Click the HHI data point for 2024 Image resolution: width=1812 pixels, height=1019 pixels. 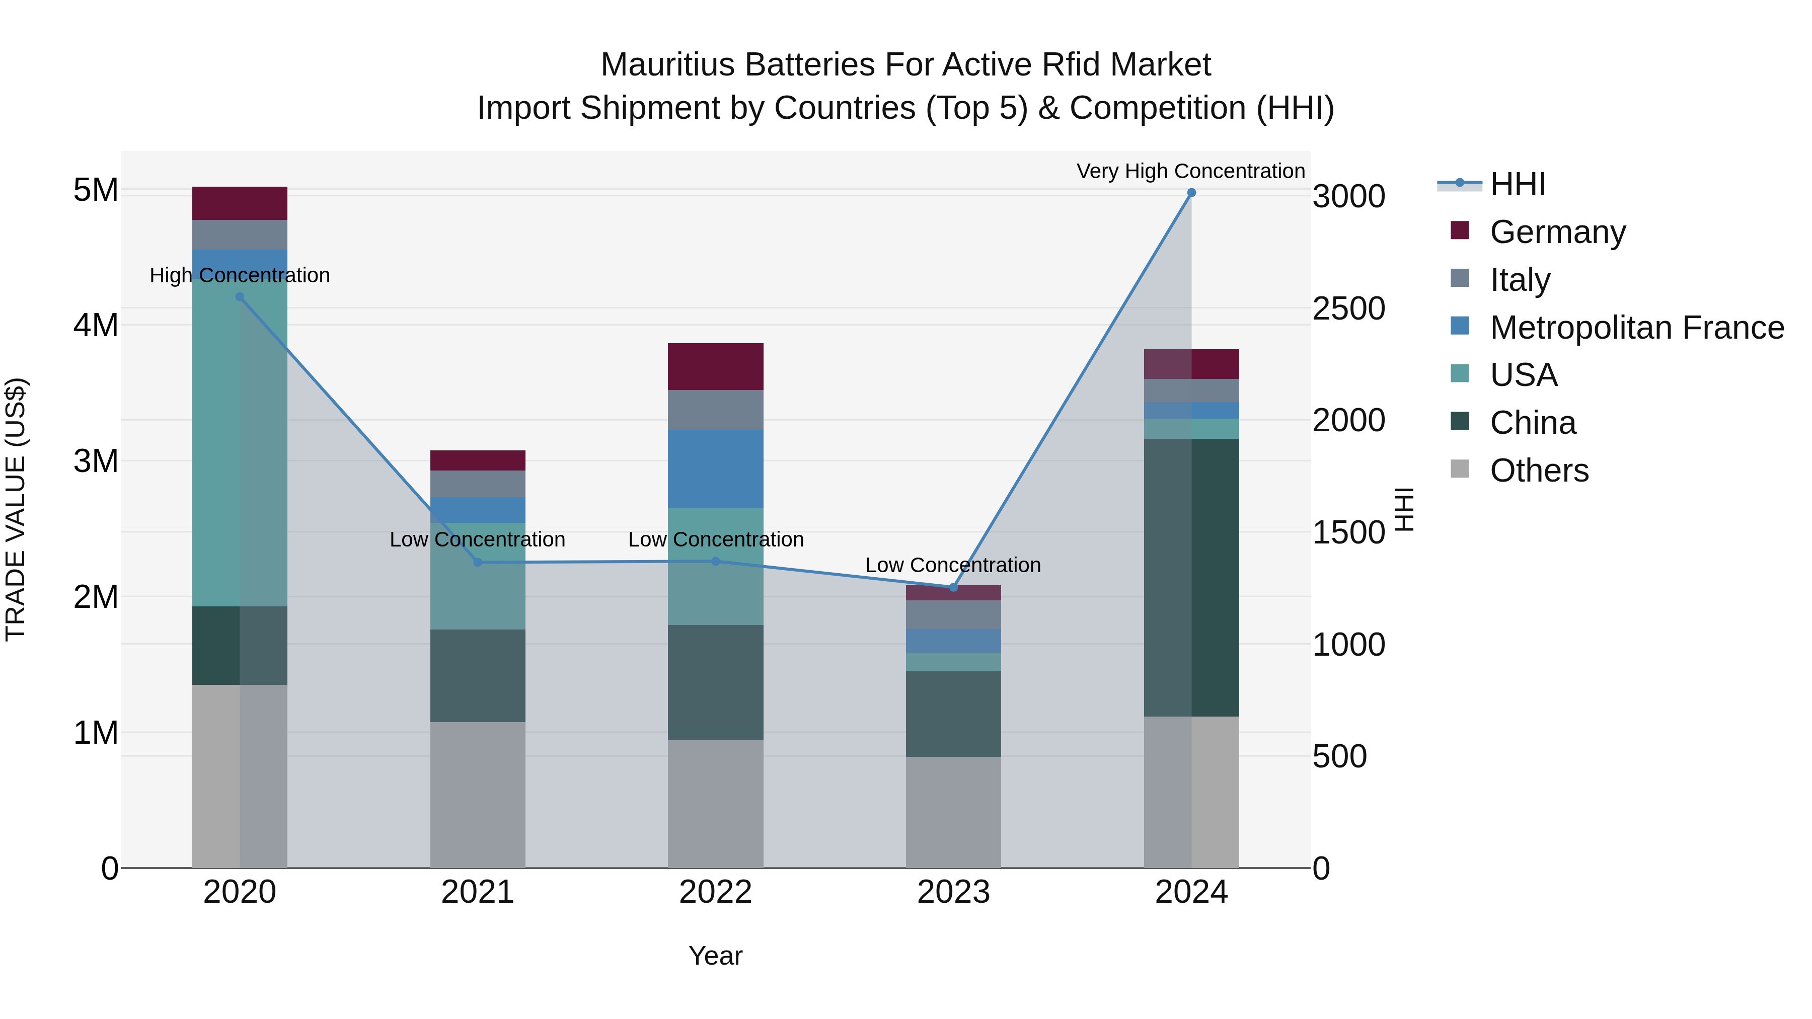pos(1191,193)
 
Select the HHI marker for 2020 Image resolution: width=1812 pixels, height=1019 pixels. pos(240,297)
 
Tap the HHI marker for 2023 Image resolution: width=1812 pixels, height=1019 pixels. pos(953,587)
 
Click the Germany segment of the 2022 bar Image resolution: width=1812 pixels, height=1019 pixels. pos(715,366)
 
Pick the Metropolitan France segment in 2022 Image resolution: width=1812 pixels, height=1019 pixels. pos(715,468)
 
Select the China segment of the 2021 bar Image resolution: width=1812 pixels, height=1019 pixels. pos(478,675)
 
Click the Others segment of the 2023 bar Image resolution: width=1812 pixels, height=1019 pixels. pos(953,812)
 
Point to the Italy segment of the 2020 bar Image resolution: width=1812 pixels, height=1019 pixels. pos(240,235)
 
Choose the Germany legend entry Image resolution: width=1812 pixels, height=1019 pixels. pos(1557,232)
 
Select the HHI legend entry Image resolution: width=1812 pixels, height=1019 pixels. pos(1517,184)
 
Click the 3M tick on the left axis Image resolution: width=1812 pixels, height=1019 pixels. pos(96,461)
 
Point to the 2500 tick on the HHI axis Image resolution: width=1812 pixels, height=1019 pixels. pos(1348,309)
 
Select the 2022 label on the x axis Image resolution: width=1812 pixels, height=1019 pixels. pos(715,892)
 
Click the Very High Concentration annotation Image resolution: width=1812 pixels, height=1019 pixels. pos(1190,171)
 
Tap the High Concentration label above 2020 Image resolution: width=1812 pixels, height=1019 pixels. pos(240,275)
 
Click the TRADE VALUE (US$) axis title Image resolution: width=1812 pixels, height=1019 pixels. pos(16,509)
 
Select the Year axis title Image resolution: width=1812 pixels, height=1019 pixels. pos(715,956)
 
